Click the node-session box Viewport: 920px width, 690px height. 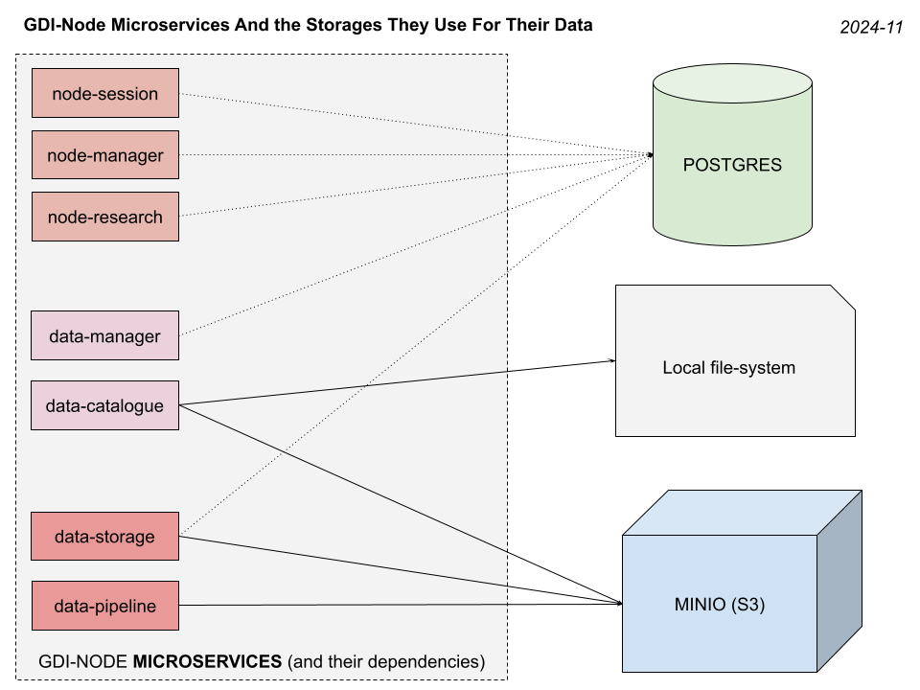tap(105, 93)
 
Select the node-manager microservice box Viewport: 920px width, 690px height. tap(105, 155)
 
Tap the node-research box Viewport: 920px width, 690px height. tap(105, 217)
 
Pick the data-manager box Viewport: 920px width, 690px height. tap(105, 336)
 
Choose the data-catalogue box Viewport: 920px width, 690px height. tap(105, 405)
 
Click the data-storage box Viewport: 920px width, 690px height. tap(105, 537)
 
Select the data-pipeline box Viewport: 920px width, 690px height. tap(105, 605)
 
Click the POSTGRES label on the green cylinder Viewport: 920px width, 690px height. tap(732, 165)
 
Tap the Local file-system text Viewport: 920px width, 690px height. tap(728, 367)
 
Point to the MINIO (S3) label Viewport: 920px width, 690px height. tap(719, 605)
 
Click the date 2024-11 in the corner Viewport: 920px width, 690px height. tap(871, 28)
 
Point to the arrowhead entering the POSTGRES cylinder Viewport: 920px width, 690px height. tap(651, 155)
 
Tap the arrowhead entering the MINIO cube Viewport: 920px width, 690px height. tap(620, 605)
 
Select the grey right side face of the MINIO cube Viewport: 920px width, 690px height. tap(839, 585)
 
